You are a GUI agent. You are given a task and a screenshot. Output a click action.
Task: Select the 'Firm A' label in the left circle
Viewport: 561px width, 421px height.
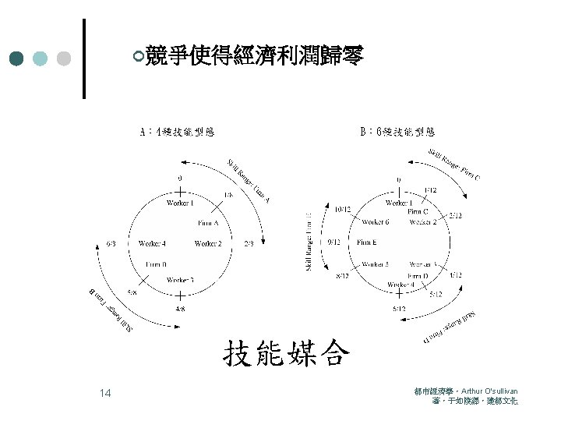208,223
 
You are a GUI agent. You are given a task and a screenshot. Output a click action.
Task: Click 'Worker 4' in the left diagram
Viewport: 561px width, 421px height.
153,244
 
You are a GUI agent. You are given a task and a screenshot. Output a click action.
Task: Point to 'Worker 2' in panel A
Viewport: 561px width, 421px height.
208,244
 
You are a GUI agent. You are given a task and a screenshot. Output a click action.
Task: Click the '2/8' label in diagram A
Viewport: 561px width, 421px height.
250,242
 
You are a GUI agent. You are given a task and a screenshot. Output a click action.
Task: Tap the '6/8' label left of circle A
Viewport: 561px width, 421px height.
112,242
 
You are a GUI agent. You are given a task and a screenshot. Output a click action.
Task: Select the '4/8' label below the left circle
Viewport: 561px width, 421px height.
180,309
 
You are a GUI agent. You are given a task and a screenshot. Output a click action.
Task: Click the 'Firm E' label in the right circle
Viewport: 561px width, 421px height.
367,242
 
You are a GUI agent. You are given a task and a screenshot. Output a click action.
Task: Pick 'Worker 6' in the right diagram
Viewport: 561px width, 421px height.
376,222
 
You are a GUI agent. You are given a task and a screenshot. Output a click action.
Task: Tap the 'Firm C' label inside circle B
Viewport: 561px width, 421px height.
418,212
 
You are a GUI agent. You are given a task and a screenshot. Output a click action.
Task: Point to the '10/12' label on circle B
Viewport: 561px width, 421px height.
342,209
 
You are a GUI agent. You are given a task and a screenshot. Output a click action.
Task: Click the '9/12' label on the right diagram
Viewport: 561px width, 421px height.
333,242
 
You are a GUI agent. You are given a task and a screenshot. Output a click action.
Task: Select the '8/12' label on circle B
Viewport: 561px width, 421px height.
342,276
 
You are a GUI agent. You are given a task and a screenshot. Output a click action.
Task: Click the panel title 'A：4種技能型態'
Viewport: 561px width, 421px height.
177,132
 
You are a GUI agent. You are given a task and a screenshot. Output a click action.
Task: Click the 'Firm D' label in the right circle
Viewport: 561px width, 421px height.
418,276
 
